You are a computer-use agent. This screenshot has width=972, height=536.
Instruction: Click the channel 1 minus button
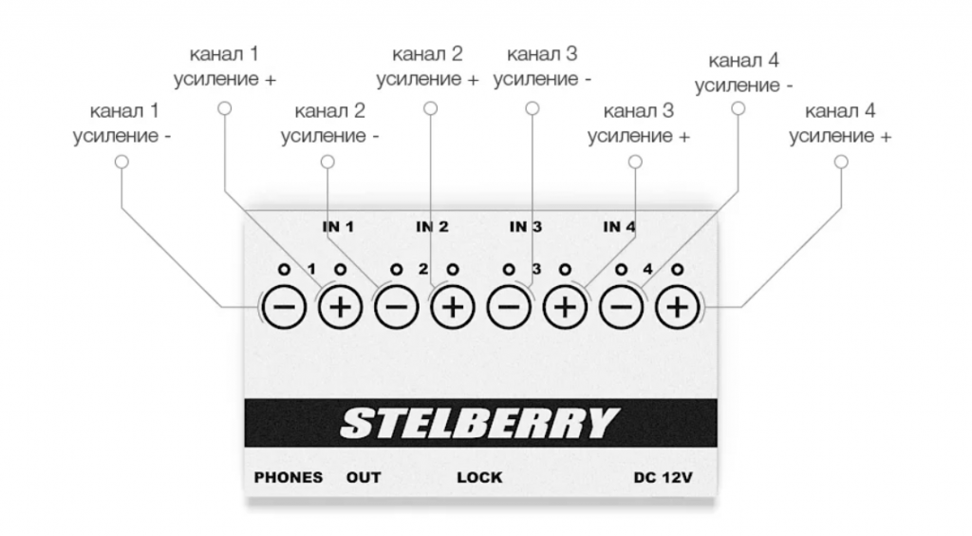click(x=285, y=307)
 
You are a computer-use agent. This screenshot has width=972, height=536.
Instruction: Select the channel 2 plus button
click(x=453, y=307)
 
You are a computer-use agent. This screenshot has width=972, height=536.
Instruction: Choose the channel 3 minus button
click(x=509, y=307)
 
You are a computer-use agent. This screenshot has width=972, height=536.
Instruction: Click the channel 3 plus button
click(x=565, y=307)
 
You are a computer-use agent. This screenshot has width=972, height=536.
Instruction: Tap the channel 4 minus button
click(x=621, y=307)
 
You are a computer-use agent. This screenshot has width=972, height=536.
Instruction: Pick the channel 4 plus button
click(x=677, y=307)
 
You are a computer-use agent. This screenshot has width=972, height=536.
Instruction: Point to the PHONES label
click(x=288, y=477)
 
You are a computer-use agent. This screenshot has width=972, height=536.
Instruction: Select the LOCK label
click(x=479, y=477)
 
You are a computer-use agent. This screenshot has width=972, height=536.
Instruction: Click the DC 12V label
click(x=663, y=477)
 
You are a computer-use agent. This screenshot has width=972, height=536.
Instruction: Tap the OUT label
click(x=364, y=477)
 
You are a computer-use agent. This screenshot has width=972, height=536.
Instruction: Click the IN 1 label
click(x=338, y=227)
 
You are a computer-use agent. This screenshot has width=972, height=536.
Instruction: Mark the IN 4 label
click(x=619, y=227)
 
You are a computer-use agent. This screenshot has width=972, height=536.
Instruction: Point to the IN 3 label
click(x=525, y=227)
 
